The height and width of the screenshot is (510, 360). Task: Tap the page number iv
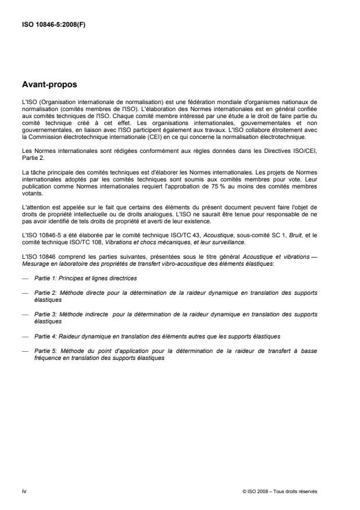tap(24, 491)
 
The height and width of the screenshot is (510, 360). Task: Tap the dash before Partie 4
tap(24, 336)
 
